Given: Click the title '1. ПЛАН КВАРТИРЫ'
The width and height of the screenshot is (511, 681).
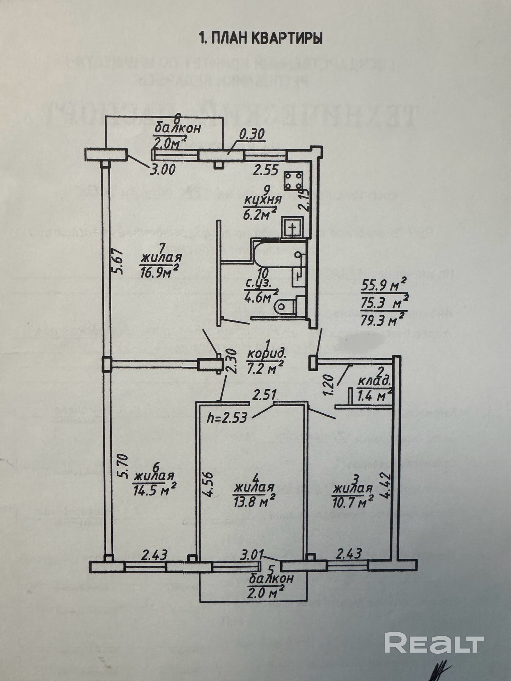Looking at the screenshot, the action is click(260, 38).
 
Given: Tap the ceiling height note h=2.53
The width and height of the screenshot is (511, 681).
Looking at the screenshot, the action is click(226, 418).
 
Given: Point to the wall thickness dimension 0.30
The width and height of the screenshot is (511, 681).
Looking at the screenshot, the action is click(252, 136).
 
